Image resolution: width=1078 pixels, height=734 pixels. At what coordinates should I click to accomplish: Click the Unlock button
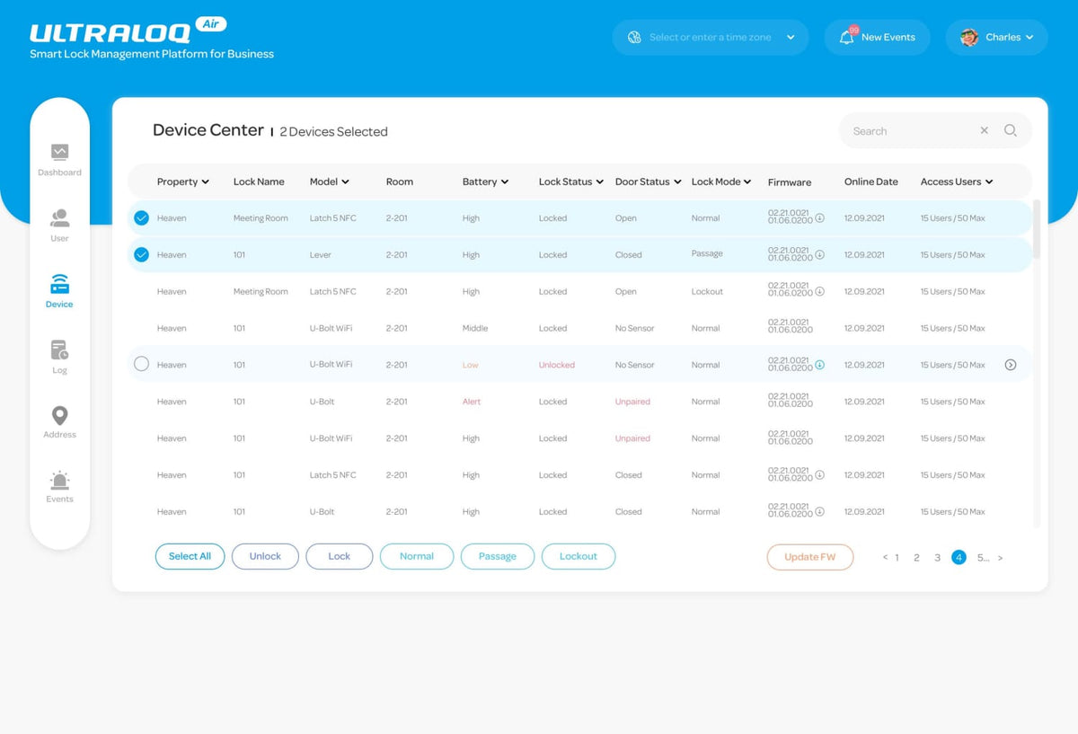pyautogui.click(x=265, y=556)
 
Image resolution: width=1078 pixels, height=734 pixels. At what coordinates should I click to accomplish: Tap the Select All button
pyautogui.click(x=190, y=556)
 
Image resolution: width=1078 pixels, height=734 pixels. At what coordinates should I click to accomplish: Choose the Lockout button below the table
pyautogui.click(x=578, y=556)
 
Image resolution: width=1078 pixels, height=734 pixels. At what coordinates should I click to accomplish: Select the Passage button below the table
pyautogui.click(x=497, y=556)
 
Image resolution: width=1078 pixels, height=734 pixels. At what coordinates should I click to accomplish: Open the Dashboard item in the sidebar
pyautogui.click(x=59, y=159)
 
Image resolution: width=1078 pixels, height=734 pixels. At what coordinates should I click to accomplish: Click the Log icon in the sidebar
pyautogui.click(x=59, y=350)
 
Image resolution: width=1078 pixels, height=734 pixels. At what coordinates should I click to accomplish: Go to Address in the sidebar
pyautogui.click(x=59, y=421)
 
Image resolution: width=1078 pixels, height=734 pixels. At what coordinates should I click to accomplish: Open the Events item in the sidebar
pyautogui.click(x=59, y=486)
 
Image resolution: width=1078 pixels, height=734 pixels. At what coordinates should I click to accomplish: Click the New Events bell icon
pyautogui.click(x=846, y=38)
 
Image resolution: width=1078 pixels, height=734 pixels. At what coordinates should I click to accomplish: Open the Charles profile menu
pyautogui.click(x=996, y=38)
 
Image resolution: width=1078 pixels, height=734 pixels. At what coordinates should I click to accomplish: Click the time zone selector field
pyautogui.click(x=710, y=38)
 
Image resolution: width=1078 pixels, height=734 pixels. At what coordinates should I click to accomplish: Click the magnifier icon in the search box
pyautogui.click(x=1011, y=131)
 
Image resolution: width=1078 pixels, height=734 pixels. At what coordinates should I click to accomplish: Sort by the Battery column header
pyautogui.click(x=485, y=181)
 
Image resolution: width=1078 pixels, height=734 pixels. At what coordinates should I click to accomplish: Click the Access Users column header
pyautogui.click(x=956, y=181)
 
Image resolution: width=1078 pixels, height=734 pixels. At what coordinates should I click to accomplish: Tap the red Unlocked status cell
pyautogui.click(x=556, y=366)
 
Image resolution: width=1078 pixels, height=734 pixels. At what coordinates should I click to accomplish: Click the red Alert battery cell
pyautogui.click(x=472, y=402)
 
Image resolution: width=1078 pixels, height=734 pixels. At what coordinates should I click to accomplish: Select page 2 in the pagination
pyautogui.click(x=916, y=558)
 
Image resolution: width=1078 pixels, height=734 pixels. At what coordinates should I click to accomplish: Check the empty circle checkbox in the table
pyautogui.click(x=141, y=365)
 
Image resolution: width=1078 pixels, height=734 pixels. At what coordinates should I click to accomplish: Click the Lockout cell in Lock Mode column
pyautogui.click(x=707, y=292)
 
